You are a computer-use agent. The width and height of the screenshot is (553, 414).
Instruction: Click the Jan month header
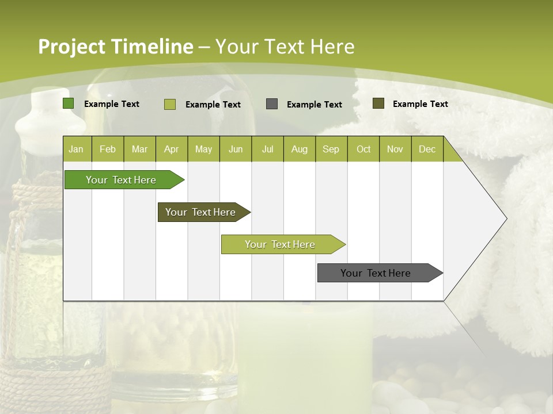click(76, 149)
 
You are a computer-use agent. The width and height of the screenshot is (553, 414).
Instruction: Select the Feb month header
click(108, 149)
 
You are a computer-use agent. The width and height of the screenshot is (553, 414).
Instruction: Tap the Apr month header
click(171, 149)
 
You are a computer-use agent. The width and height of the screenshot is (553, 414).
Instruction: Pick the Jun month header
click(236, 149)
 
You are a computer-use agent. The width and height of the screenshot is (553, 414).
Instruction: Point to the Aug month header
click(299, 149)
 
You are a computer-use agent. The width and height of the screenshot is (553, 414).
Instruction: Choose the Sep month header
click(331, 149)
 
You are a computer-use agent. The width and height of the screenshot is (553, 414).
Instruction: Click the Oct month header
click(363, 149)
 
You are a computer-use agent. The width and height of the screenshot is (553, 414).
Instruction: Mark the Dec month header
click(427, 149)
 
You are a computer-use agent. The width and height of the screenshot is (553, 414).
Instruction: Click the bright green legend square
click(69, 103)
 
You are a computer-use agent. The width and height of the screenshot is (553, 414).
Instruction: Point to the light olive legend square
click(170, 104)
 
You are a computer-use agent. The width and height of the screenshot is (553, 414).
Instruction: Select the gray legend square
click(272, 104)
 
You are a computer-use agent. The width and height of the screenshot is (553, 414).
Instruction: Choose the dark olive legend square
click(378, 103)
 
